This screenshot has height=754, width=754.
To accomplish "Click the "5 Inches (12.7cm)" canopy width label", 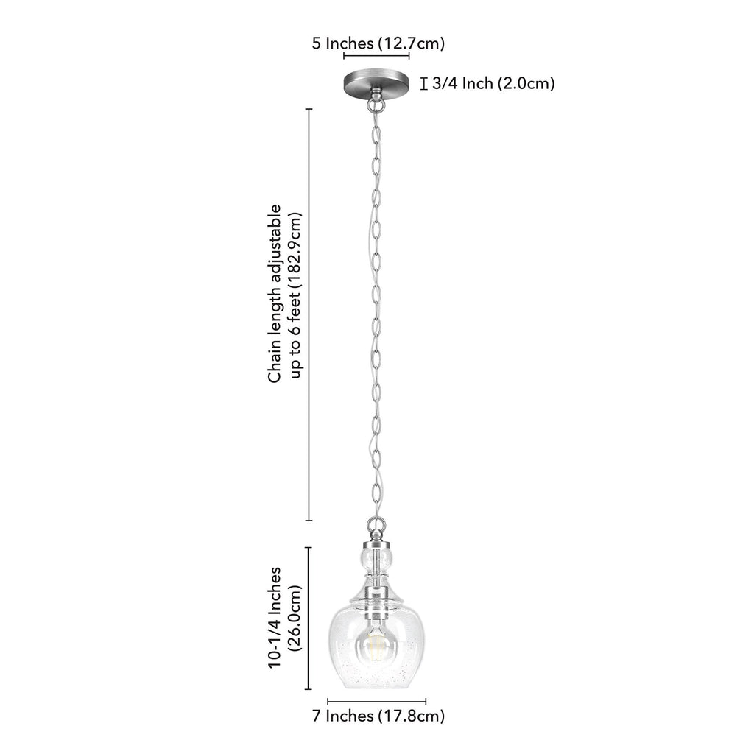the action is point(378,43).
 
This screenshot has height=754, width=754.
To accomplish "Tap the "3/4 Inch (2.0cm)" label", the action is point(493,84).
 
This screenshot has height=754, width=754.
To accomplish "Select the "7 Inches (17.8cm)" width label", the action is point(378,716).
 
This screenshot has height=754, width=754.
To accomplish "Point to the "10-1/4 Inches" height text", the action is point(275,617).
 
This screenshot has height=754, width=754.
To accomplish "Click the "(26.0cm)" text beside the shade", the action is point(295,619).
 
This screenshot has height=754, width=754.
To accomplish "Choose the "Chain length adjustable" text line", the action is point(275,294).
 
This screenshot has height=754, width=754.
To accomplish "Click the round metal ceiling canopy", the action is point(376,83).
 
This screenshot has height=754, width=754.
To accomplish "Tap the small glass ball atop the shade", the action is point(376,559).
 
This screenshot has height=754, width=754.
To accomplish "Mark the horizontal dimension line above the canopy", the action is point(376,56).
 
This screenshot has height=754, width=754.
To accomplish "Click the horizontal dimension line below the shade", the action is point(376,702).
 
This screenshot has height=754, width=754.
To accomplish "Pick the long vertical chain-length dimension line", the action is point(309,315).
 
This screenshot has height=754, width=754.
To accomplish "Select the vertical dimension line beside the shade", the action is point(309,619).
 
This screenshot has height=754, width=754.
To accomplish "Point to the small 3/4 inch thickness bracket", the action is point(423,84).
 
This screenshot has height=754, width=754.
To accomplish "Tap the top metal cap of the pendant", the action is point(376,543).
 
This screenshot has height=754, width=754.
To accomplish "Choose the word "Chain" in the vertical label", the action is point(275,362).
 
